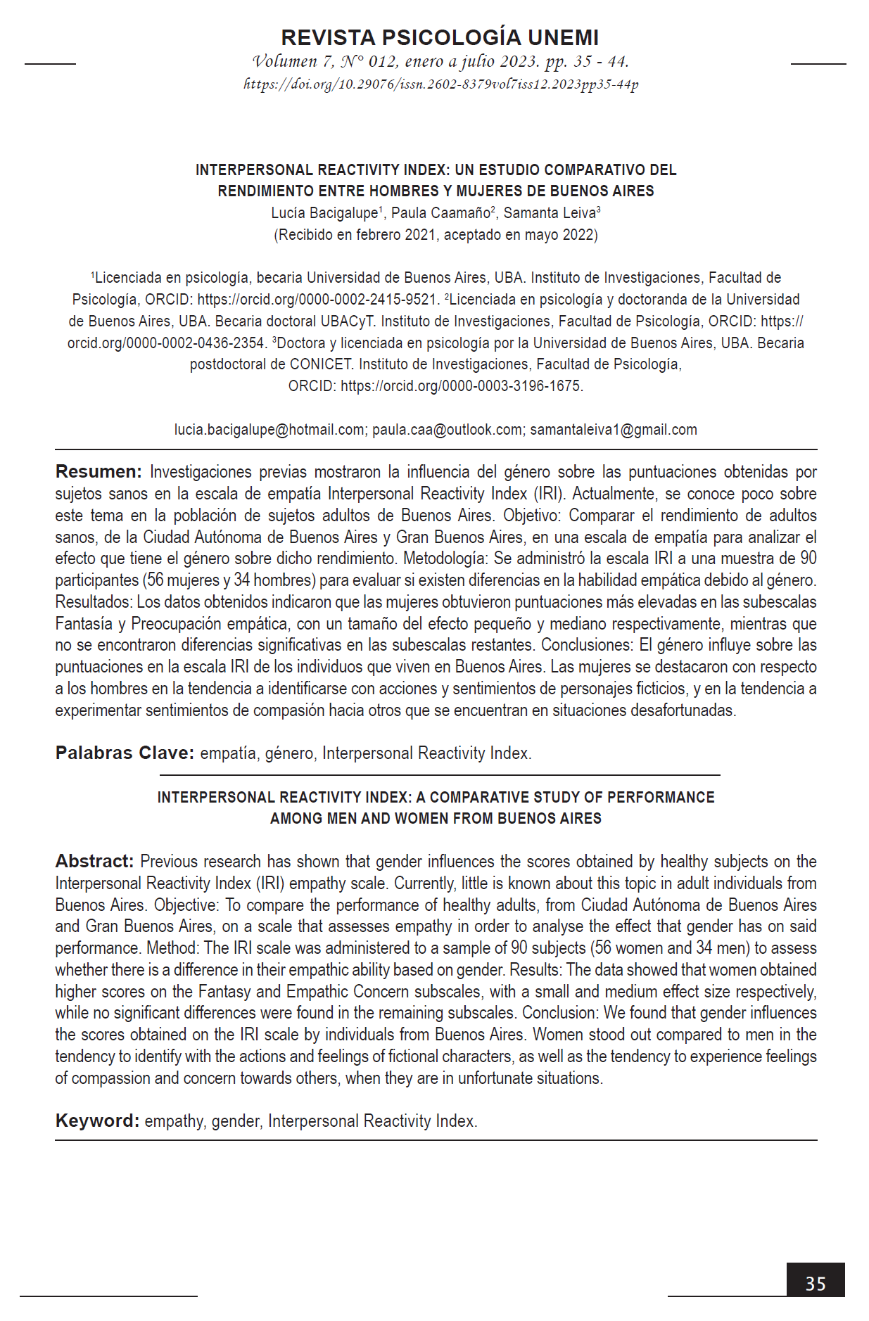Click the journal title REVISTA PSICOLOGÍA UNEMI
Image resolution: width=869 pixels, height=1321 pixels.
[x=440, y=37]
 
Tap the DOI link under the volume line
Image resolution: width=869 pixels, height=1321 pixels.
[x=440, y=85]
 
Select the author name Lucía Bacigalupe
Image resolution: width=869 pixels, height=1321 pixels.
[x=324, y=213]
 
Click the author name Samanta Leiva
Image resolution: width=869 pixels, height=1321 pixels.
[x=549, y=213]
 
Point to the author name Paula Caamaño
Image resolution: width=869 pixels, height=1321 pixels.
[x=440, y=213]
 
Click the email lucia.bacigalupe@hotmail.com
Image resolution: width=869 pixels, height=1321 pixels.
[x=269, y=430]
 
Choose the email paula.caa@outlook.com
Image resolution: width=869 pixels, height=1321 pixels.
[x=448, y=430]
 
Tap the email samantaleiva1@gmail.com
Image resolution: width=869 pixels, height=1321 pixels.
[x=613, y=430]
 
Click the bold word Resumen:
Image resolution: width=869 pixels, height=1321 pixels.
[x=99, y=472]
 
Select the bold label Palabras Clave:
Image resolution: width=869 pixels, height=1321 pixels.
[x=125, y=753]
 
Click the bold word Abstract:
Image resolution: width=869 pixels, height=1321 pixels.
[x=94, y=862]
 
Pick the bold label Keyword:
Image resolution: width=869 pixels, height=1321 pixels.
[x=97, y=1121]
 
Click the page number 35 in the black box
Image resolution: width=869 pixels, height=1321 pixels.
[x=815, y=1284]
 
